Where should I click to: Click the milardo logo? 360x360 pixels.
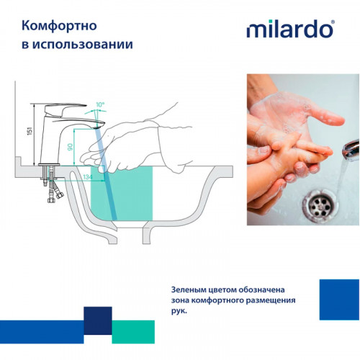(x=290, y=30)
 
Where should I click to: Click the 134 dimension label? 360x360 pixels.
(x=88, y=176)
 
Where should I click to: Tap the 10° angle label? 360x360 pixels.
(x=100, y=105)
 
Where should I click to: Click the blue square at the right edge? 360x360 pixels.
(x=338, y=298)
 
